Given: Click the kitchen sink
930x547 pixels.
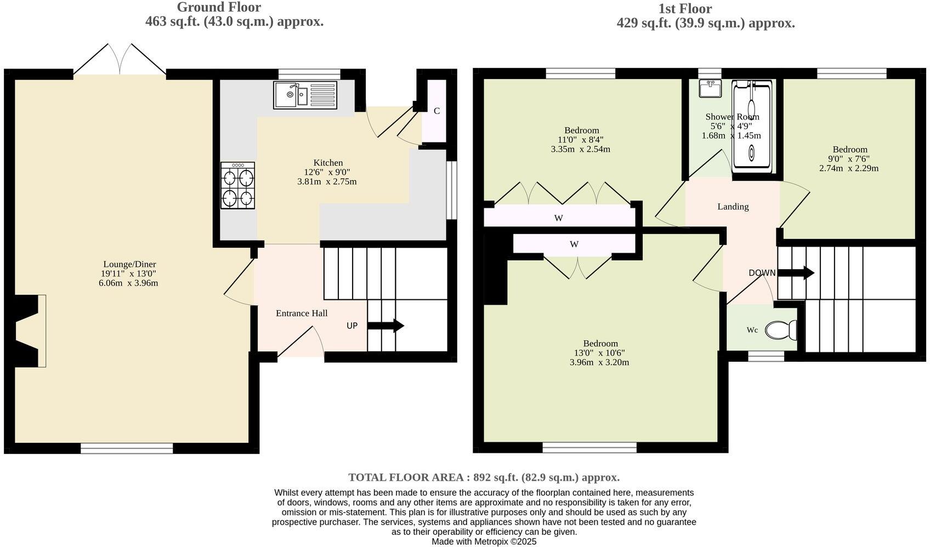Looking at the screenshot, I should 306,94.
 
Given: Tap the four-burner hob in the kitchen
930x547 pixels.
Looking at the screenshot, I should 237,185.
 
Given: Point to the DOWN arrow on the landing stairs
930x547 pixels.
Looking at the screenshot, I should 796,273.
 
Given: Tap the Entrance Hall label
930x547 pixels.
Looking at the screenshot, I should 302,313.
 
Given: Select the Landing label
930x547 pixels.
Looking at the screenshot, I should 733,207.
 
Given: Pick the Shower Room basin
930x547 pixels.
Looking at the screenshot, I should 710,88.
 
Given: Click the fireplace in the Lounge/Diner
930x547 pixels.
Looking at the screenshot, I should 30,331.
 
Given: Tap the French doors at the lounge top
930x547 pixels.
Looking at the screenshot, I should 120,59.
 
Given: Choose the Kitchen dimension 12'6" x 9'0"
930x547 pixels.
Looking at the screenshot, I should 327,172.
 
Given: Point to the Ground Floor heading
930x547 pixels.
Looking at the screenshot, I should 218,7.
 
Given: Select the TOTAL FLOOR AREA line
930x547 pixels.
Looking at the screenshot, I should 484,477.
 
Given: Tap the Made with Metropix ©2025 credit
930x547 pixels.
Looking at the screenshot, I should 484,542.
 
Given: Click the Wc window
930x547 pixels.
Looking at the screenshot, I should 765,356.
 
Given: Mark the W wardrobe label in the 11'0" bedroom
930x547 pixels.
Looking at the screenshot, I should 558,218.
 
